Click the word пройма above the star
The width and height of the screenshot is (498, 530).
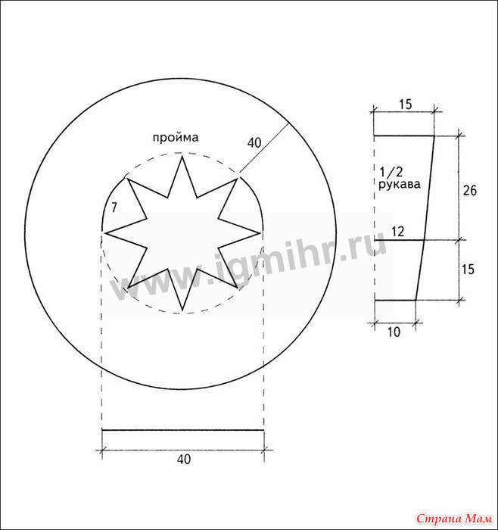point(176,138)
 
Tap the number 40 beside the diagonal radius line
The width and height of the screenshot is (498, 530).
point(254,143)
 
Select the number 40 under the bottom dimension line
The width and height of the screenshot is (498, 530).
point(184,459)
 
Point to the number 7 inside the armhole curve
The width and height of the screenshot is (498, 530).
point(114,207)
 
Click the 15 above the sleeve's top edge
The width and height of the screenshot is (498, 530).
point(405,104)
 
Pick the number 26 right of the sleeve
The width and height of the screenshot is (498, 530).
point(469,191)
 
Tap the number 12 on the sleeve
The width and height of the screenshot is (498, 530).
point(397,232)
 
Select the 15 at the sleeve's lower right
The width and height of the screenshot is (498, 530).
point(468,270)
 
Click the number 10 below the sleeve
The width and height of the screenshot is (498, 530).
point(394,332)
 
